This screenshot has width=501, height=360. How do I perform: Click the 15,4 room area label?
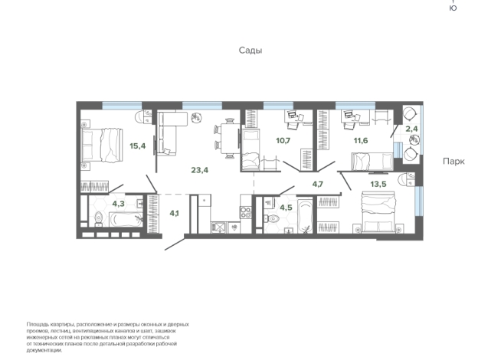point(138,146)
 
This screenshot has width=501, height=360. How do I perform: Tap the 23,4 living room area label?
point(200,170)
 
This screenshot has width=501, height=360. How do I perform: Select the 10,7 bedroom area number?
point(283,140)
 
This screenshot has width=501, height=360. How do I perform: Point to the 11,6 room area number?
point(360,140)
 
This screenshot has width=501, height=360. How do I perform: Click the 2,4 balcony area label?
point(411,129)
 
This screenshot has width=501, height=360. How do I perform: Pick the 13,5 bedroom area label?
point(378,184)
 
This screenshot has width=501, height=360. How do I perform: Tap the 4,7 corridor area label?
point(318,184)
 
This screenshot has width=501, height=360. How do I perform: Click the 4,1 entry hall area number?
point(174,213)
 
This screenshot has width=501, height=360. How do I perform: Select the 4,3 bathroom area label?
point(118,204)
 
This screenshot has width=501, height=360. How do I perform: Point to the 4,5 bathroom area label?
point(286,208)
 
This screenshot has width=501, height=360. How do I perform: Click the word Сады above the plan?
point(250,51)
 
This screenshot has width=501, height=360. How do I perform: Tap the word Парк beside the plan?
point(454,162)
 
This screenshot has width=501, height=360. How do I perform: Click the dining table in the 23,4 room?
point(230,139)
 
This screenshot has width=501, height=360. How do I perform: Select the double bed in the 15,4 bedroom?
point(102,146)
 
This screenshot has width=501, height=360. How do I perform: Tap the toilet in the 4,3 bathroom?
point(99,219)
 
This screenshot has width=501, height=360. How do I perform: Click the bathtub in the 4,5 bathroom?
point(305,216)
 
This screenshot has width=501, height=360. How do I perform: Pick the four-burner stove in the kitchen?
point(246,212)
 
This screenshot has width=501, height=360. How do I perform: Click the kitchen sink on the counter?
point(219,227)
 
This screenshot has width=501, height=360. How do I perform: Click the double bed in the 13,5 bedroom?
point(378,211)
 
